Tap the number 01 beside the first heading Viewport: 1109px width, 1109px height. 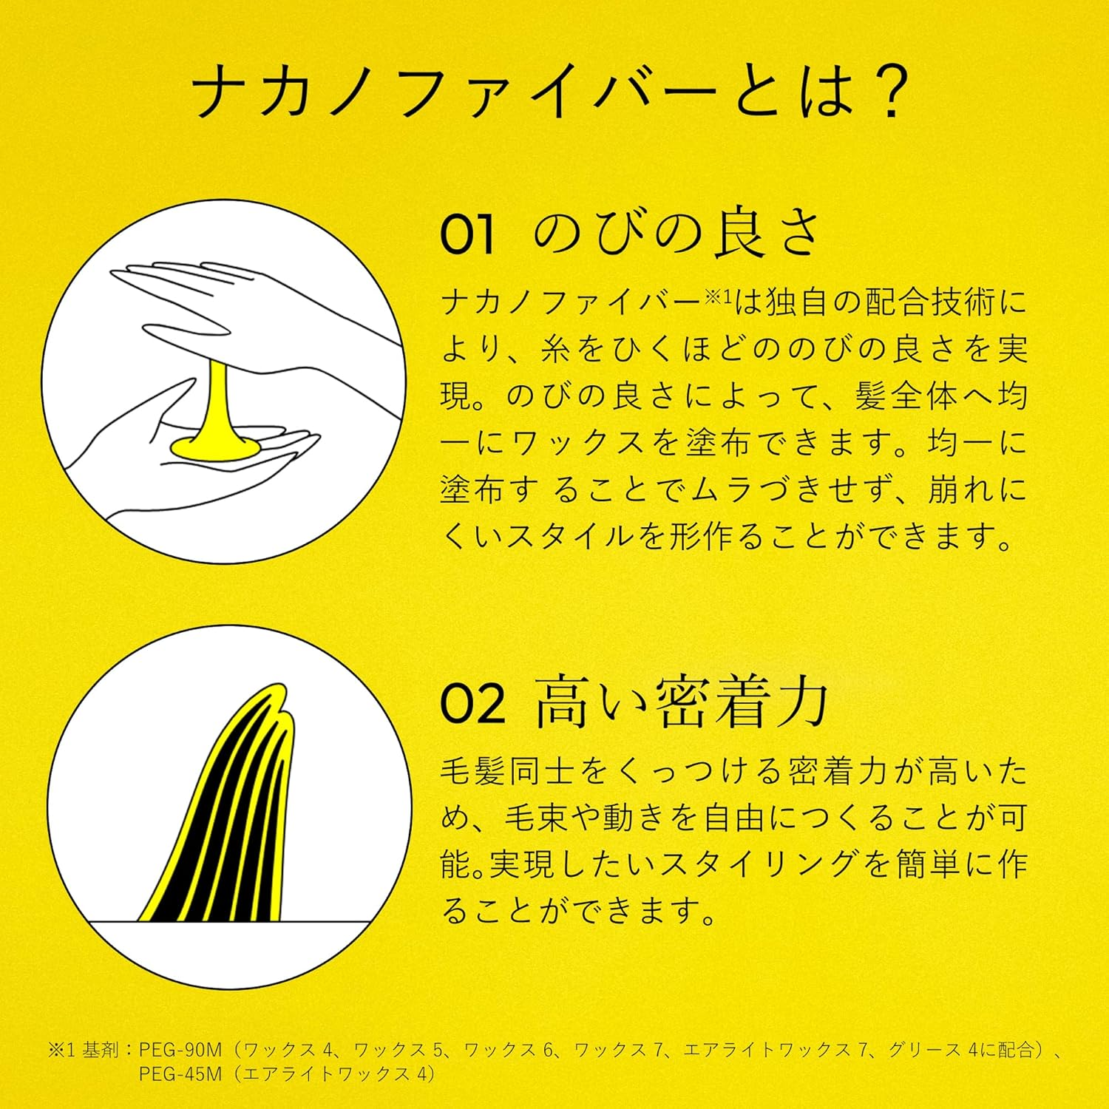tap(467, 235)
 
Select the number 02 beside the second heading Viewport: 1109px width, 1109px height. tap(472, 704)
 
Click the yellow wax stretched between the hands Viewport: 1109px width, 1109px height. tap(214, 414)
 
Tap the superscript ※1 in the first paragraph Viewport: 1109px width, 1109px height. tap(716, 296)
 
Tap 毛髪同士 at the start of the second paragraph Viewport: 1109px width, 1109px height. tap(506, 772)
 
